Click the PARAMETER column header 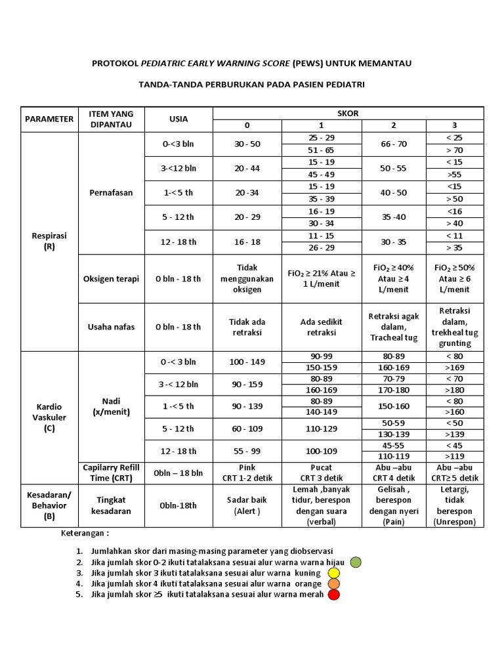(49, 119)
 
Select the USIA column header (178, 119)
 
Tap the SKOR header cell (348, 113)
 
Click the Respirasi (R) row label (49, 241)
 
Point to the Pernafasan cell (111, 193)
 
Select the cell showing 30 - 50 (247, 144)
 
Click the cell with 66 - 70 (394, 144)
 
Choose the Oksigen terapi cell (111, 278)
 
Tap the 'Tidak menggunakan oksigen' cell (247, 278)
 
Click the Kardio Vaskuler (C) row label (49, 417)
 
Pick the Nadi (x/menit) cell (111, 406)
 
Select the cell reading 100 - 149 (247, 362)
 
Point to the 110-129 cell (322, 429)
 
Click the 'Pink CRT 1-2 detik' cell (247, 472)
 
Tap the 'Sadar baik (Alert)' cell (247, 505)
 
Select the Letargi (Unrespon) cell (454, 505)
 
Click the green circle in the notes (356, 562)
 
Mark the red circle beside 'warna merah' (334, 595)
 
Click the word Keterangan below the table (85, 533)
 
